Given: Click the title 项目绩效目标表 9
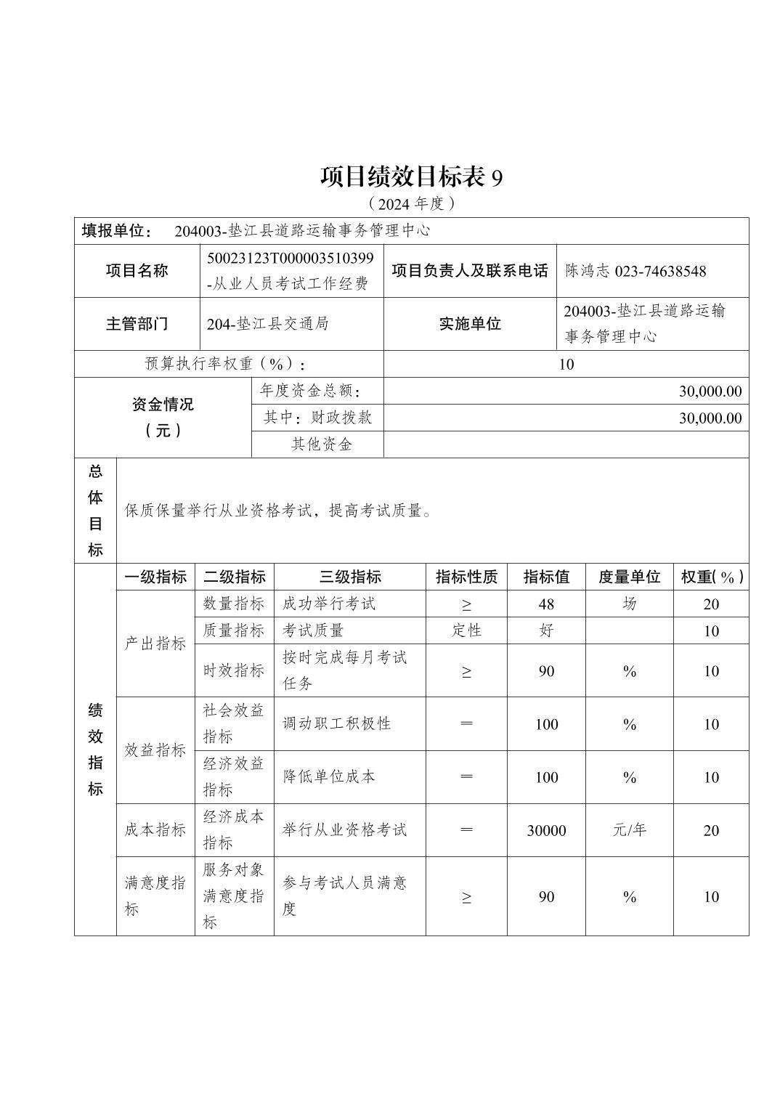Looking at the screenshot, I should pyautogui.click(x=411, y=177).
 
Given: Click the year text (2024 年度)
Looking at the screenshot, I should pyautogui.click(x=411, y=203).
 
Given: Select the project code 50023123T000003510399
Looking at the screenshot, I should pyautogui.click(x=291, y=259).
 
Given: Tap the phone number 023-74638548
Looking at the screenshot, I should pyautogui.click(x=660, y=271).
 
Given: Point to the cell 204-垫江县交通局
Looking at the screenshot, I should pyautogui.click(x=267, y=324).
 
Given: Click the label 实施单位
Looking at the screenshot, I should pyautogui.click(x=470, y=324).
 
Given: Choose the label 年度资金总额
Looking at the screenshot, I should pyautogui.click(x=310, y=391).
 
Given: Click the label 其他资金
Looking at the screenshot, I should pyautogui.click(x=321, y=445).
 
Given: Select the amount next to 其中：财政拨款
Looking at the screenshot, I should pyautogui.click(x=710, y=418).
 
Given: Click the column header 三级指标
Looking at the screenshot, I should pyautogui.click(x=350, y=577).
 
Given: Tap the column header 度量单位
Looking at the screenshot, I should pyautogui.click(x=629, y=577).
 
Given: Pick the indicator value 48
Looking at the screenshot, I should pyautogui.click(x=546, y=604).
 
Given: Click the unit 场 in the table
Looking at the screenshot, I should pyautogui.click(x=629, y=604).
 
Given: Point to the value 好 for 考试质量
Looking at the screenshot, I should pyautogui.click(x=546, y=630).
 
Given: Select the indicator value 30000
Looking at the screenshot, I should pyautogui.click(x=546, y=830).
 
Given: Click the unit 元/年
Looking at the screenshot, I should pyautogui.click(x=629, y=830).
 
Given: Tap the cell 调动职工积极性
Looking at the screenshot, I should pyautogui.click(x=336, y=723).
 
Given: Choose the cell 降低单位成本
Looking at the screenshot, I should pyautogui.click(x=328, y=776).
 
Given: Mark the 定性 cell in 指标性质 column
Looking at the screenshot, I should pyautogui.click(x=466, y=630).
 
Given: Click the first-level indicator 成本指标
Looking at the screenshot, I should pyautogui.click(x=155, y=829).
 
